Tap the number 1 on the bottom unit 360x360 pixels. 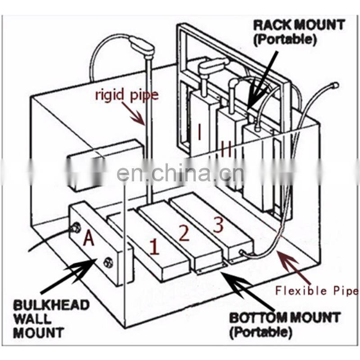pos(154,247)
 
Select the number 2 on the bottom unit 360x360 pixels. pos(184,233)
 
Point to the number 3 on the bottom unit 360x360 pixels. pos(218,225)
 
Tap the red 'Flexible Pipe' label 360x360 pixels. pos(317,291)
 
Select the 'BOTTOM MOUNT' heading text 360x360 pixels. pos(284,317)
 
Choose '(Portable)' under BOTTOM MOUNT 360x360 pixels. pos(261,333)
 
